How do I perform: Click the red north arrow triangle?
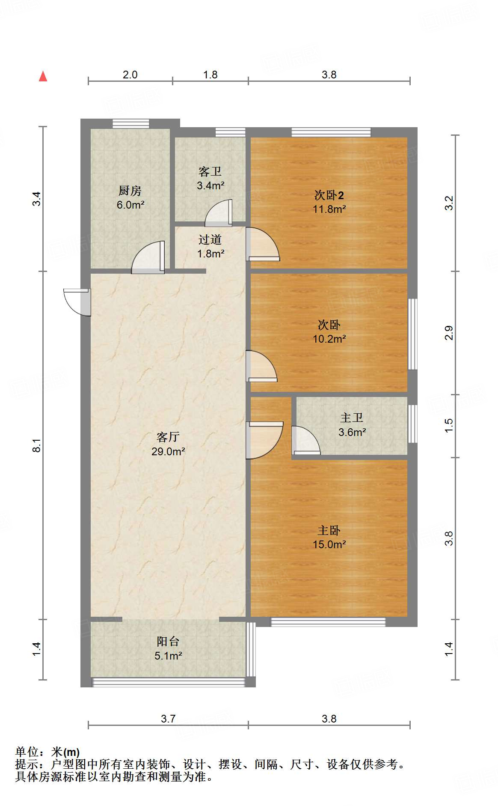coord(43,76)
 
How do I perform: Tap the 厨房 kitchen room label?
coord(130,191)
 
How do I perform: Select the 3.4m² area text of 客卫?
coord(210,186)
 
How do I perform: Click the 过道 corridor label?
coord(210,239)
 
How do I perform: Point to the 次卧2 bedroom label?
coord(329,195)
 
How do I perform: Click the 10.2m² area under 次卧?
coord(329,339)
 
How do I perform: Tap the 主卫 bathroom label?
coord(351,418)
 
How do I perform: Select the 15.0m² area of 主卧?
coord(329,544)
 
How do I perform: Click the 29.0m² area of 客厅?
coord(168,451)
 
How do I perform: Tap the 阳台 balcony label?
coord(168,641)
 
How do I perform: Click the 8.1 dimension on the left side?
coord(37,445)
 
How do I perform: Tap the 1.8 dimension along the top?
coord(210,75)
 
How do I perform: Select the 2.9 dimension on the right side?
coord(448,333)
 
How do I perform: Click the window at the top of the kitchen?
coord(130,124)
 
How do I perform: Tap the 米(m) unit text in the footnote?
coord(65,752)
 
